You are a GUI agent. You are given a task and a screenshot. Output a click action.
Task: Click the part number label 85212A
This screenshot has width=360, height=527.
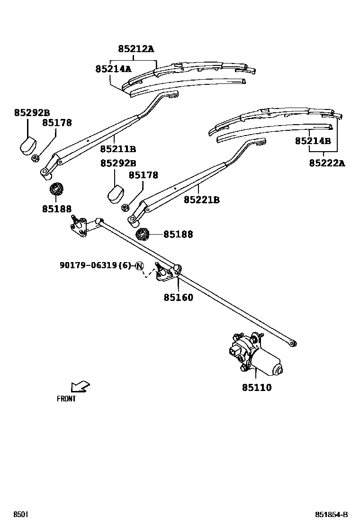coord(136,49)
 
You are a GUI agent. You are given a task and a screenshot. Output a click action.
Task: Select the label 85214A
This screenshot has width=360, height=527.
coord(113,69)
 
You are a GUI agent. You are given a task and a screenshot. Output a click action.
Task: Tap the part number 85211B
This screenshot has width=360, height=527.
coord(118,149)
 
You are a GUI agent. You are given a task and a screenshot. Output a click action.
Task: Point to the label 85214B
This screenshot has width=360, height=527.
coord(313,141)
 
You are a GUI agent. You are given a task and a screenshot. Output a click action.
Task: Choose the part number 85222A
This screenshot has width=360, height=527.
coord(327,163)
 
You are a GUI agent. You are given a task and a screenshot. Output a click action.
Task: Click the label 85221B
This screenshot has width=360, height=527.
coord(202,200)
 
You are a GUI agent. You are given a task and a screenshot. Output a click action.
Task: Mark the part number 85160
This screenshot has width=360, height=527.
coord(179,298)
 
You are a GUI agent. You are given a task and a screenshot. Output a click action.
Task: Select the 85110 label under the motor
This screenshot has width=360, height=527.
coord(257,388)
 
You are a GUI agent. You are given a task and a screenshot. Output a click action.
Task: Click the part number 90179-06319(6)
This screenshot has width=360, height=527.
coord(95,265)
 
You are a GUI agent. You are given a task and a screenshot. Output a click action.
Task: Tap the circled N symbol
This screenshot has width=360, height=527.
coord(139,265)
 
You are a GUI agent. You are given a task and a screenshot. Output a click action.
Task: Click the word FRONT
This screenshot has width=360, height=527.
coord(66,399)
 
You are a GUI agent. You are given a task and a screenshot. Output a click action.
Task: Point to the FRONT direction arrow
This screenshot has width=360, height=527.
coord(80,386)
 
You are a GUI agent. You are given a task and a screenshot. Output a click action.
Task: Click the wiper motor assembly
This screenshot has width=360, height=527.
coord(253,355)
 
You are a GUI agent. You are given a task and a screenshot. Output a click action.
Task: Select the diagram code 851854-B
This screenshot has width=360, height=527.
coord(332,515)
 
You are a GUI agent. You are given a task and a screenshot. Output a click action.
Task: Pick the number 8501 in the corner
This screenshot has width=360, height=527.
coord(20,515)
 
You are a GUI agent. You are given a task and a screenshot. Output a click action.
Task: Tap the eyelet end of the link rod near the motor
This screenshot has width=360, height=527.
coord(293,342)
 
